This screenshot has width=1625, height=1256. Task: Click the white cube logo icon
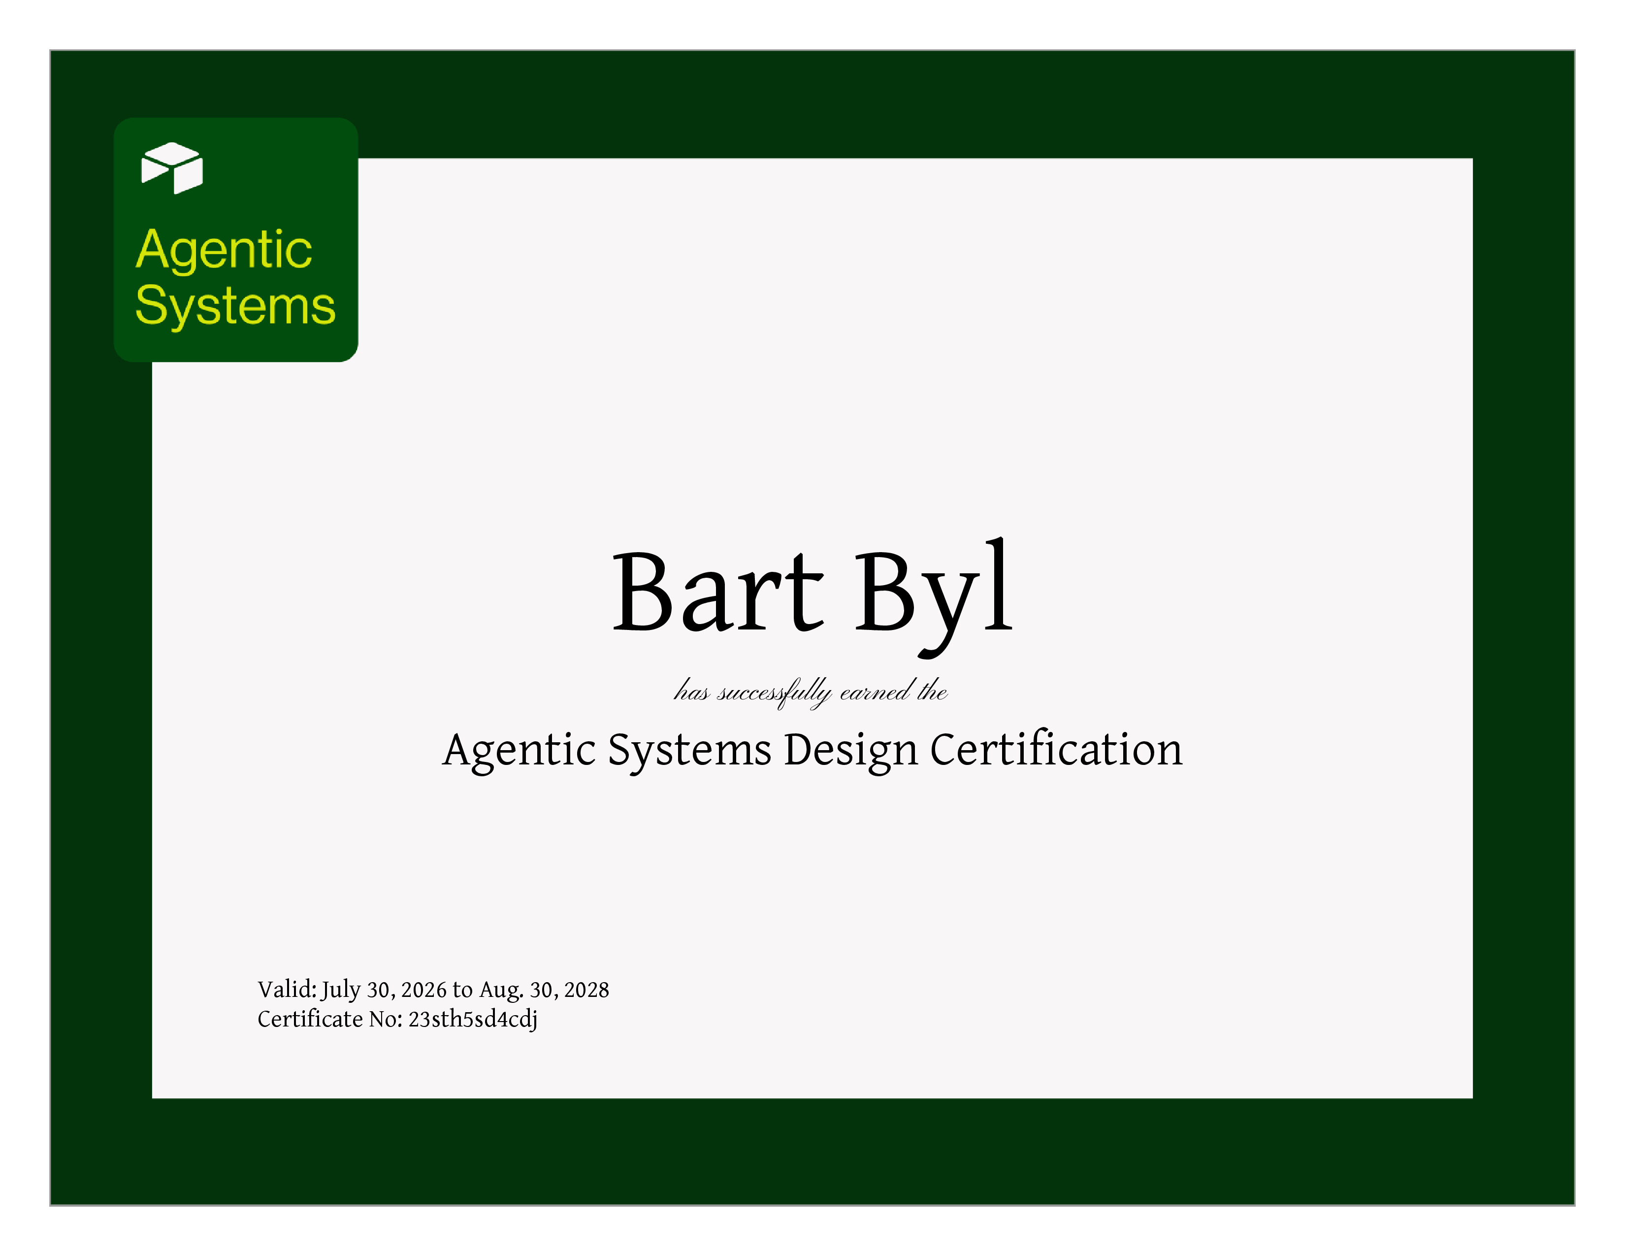(x=172, y=167)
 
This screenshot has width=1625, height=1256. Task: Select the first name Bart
(x=718, y=592)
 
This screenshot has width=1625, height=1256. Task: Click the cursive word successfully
(x=774, y=693)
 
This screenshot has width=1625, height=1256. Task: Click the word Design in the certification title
(x=850, y=750)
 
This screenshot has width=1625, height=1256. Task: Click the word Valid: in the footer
(x=287, y=989)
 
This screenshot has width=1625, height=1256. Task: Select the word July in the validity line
(x=341, y=991)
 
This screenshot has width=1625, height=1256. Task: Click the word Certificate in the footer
(x=310, y=1019)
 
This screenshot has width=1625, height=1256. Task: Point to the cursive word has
(x=691, y=691)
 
